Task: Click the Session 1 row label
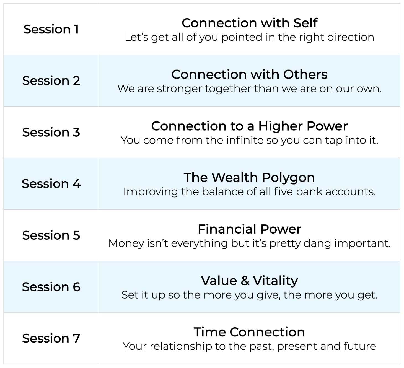(x=51, y=29)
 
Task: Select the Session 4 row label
(x=51, y=184)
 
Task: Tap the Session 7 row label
(x=51, y=338)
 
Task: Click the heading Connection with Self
(x=249, y=23)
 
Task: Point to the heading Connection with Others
(x=249, y=74)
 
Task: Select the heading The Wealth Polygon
(x=249, y=177)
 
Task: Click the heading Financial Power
(x=249, y=229)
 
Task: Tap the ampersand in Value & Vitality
(x=245, y=281)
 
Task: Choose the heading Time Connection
(x=249, y=332)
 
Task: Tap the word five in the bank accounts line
(x=283, y=192)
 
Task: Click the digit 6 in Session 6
(x=77, y=287)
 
